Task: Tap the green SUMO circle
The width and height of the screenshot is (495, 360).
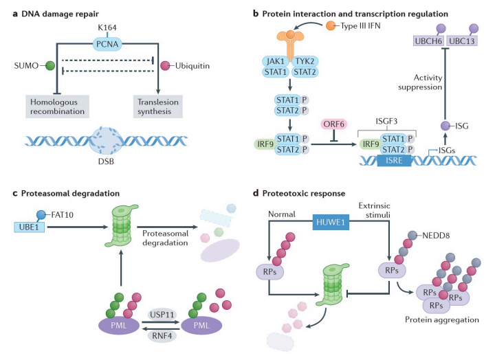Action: [x=49, y=67]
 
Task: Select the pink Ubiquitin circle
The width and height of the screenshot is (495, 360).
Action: [x=164, y=66]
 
